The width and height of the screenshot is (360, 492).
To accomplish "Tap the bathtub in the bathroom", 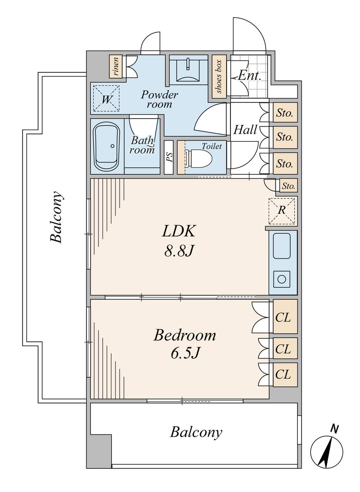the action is click(x=107, y=146).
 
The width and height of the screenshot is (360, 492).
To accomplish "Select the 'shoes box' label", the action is click(x=219, y=77).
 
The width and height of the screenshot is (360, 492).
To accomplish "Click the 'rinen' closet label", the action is click(x=116, y=67).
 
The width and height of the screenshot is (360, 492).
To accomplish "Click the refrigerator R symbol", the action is click(x=282, y=211).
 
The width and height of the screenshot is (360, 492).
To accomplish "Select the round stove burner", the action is click(x=282, y=279).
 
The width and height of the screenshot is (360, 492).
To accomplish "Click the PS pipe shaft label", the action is click(x=169, y=157).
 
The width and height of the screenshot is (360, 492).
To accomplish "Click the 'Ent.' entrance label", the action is click(x=249, y=76).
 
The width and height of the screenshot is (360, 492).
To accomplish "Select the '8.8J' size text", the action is click(x=178, y=251).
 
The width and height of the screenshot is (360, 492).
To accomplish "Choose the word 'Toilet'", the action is click(x=212, y=146).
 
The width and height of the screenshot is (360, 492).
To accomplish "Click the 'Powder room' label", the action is click(x=159, y=99).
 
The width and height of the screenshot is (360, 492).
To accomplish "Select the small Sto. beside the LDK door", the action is click(x=288, y=186).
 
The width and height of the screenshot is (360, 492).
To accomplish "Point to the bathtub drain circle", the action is click(x=113, y=146).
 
